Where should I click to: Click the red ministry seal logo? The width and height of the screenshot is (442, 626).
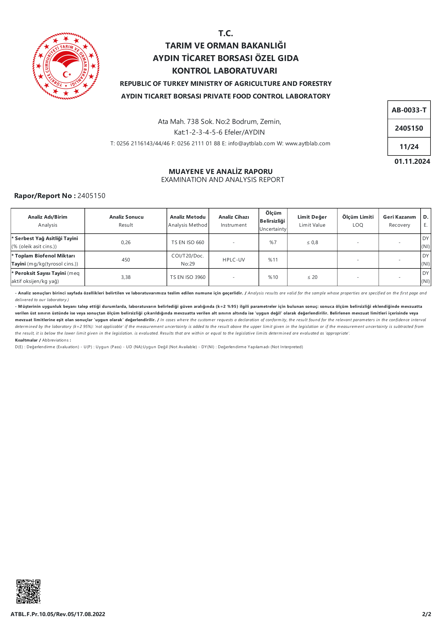[x=66, y=66]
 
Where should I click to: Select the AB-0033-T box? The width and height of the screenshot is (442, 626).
[x=409, y=110]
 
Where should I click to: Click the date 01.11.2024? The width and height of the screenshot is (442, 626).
[x=412, y=161]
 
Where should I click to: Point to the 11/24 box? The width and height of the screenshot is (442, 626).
[x=409, y=147]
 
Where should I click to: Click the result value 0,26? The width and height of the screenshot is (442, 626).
[x=126, y=242]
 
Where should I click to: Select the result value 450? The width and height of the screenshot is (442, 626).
[x=126, y=260]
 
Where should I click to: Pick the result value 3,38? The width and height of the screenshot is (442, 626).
[x=126, y=277]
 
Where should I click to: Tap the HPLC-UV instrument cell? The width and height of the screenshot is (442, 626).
[x=234, y=260]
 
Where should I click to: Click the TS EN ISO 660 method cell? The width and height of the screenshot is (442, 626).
[x=188, y=242]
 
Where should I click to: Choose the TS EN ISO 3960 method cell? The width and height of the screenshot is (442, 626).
[x=188, y=277]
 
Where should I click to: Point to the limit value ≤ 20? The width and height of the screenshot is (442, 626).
[x=312, y=277]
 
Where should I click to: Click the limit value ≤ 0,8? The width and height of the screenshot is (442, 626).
[x=312, y=242]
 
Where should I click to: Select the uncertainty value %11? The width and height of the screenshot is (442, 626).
[x=273, y=260]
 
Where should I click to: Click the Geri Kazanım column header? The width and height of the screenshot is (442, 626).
[x=399, y=221]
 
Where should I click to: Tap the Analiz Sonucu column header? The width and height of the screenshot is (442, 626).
[x=126, y=221]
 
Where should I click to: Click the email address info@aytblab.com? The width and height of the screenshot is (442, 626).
[x=251, y=143]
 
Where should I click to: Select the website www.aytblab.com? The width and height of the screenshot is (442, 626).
[x=308, y=143]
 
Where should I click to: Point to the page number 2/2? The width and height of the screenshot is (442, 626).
[x=426, y=614]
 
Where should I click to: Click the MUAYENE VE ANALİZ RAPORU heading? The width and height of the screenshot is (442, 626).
[x=221, y=172]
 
